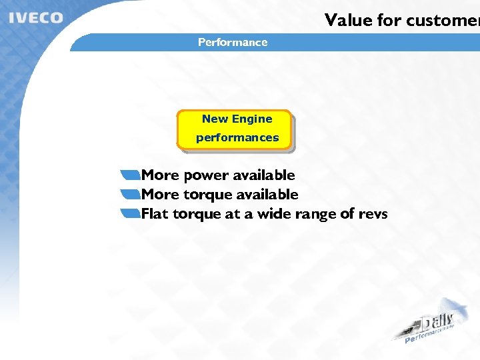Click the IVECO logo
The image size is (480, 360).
pyautogui.click(x=36, y=18)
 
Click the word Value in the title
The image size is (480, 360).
pyautogui.click(x=347, y=20)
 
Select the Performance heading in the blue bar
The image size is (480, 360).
pyautogui.click(x=233, y=42)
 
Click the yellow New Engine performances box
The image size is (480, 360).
pyautogui.click(x=235, y=129)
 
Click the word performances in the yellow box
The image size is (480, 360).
pyautogui.click(x=237, y=137)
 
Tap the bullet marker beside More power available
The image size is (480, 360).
pyautogui.click(x=131, y=175)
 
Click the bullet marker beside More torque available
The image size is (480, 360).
pyautogui.click(x=131, y=195)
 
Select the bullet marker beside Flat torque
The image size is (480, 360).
pyautogui.click(x=131, y=214)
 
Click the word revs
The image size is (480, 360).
pyautogui.click(x=373, y=214)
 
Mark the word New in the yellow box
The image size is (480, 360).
pyautogui.click(x=215, y=119)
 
